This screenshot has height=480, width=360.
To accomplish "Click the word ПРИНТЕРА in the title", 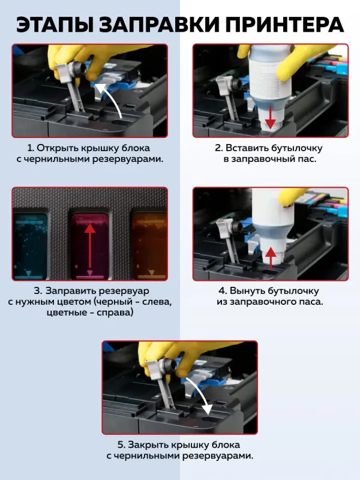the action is (287, 25).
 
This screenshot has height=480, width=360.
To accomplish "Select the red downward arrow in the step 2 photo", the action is (270, 117).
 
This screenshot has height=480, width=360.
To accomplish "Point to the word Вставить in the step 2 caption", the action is (247, 148).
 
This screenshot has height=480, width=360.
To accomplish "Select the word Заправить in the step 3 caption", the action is (71, 290).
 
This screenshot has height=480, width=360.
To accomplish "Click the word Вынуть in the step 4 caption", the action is (247, 290).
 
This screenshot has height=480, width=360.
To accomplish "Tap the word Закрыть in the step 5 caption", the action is (148, 445).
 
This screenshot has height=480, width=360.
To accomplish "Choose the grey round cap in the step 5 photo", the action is (169, 366).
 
